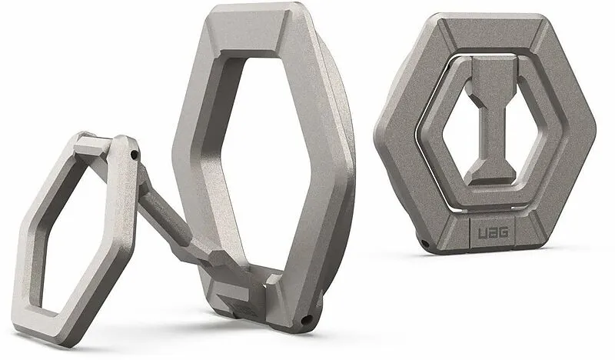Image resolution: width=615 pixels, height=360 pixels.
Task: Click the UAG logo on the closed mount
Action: [493, 232]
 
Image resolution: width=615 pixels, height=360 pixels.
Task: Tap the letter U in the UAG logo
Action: [483, 232]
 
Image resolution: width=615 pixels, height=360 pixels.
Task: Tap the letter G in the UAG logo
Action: [504, 232]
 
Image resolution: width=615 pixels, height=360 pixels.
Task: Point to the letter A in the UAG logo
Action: [493, 232]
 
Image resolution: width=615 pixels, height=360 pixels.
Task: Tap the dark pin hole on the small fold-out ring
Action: [135, 155]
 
